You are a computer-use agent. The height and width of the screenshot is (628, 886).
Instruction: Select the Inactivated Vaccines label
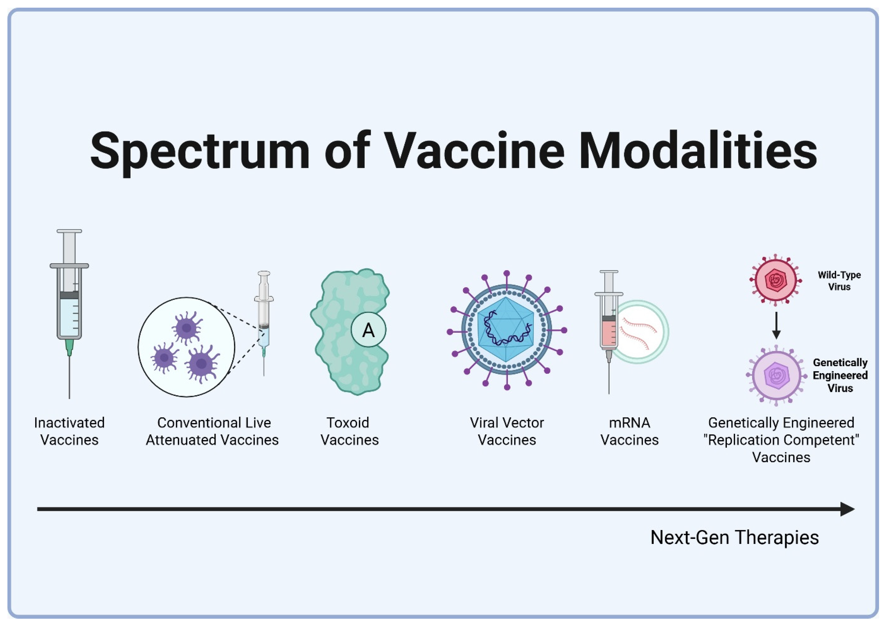[70, 431]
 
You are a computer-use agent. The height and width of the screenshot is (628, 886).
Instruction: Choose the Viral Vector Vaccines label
[507, 431]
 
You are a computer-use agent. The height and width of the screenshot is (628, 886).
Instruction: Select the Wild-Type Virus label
[839, 281]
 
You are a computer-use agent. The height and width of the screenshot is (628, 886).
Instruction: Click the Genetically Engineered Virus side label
[840, 375]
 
